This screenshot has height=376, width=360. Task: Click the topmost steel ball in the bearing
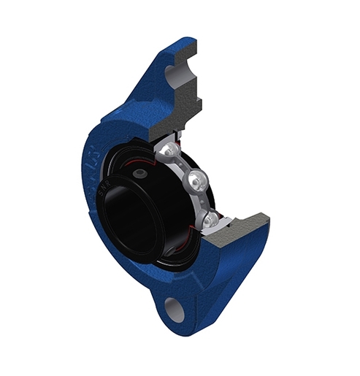167,151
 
